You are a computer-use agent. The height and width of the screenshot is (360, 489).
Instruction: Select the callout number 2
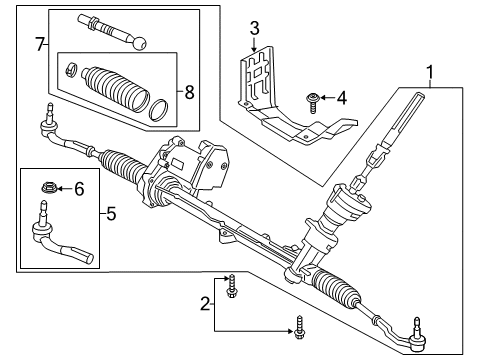point(205,301)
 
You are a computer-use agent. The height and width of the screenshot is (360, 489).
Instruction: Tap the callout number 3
point(255,27)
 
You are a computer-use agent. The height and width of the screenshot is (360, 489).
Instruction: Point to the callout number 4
point(340,98)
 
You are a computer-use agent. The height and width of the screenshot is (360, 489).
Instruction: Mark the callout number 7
point(40,44)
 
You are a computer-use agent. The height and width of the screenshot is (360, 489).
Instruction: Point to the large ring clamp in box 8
point(157,108)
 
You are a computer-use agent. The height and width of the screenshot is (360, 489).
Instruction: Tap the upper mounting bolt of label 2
point(232,283)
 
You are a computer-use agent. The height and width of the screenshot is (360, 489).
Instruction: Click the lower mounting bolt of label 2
point(298,325)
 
